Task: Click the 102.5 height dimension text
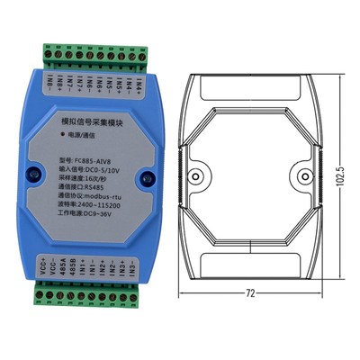340,170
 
